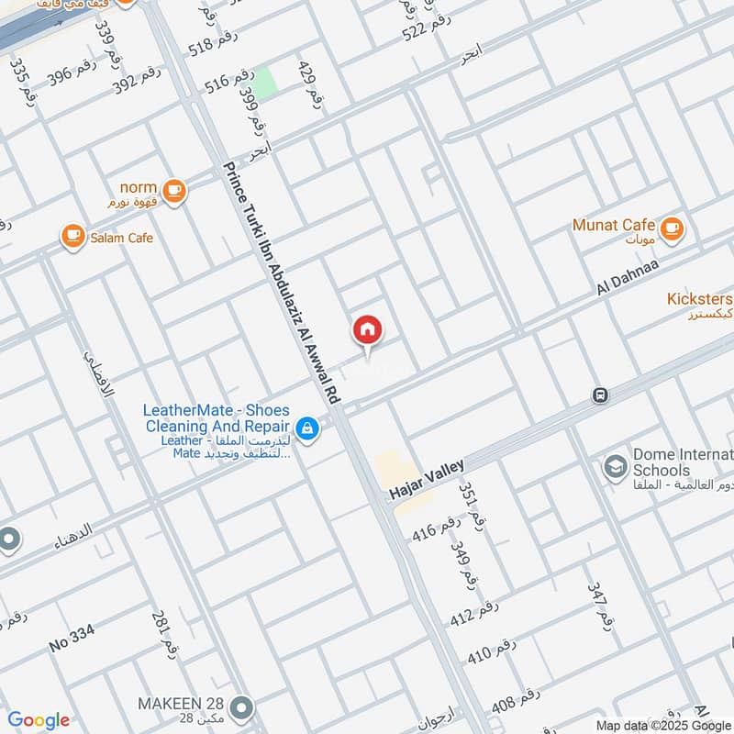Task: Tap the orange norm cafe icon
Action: point(175,191)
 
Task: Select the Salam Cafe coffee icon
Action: point(72,237)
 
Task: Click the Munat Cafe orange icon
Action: point(673,227)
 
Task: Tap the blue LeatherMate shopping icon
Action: point(307,428)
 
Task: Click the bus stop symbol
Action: point(600,395)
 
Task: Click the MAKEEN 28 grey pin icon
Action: point(242,707)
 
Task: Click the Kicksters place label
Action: point(699,300)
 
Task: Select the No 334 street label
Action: point(72,639)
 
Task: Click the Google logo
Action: point(39,720)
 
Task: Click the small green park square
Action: point(264,83)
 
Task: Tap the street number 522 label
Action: point(428,28)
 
